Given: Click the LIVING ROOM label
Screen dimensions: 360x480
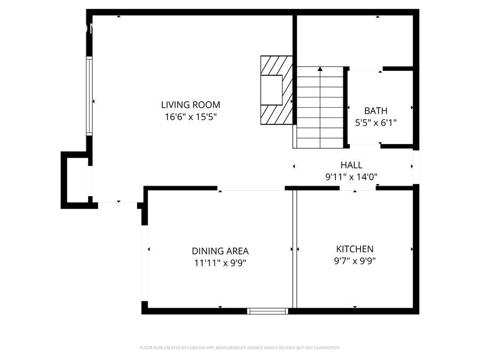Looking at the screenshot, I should [190, 105].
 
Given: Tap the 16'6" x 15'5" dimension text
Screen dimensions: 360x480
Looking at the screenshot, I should [190, 117].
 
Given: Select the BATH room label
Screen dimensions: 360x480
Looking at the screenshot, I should [375, 111].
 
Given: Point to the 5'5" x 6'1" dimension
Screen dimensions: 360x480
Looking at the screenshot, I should [375, 123].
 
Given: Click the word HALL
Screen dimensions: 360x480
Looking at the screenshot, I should [351, 165].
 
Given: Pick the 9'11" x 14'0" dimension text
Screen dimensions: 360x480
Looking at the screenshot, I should [351, 177].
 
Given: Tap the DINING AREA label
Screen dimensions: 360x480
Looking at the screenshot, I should [220, 251].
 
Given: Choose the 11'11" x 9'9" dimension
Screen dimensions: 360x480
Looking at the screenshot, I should [220, 262].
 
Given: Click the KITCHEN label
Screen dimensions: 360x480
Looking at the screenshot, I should [354, 249].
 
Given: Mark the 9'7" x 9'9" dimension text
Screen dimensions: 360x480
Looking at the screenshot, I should [354, 261].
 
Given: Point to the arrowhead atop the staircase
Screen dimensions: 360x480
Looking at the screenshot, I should [319, 69].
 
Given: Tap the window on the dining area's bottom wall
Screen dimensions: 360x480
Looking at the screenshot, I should [268, 310].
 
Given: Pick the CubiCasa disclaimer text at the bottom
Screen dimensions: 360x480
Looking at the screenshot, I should [239, 348].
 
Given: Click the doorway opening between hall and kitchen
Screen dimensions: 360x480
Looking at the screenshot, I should [357, 188].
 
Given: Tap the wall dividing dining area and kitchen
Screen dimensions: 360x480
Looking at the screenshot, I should [293, 248].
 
